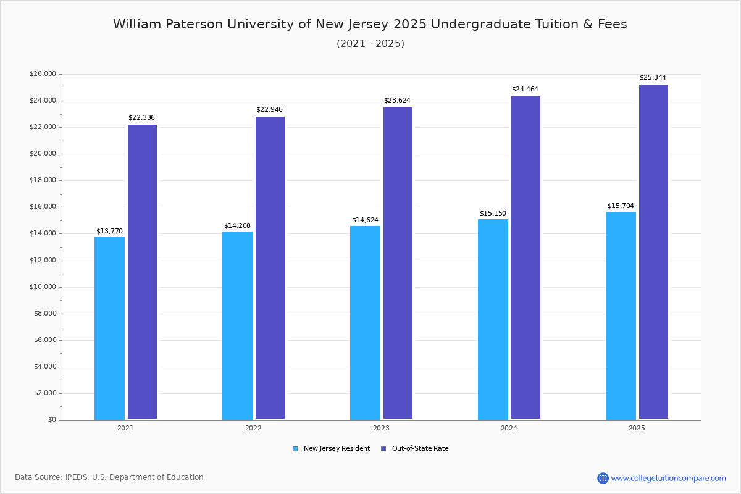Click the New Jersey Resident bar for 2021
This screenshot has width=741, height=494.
[109, 328]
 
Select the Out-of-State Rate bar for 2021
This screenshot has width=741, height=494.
[142, 272]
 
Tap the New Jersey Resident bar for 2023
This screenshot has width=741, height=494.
[365, 322]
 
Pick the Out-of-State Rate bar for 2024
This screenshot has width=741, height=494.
[525, 257]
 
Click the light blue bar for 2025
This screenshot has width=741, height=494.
[621, 316]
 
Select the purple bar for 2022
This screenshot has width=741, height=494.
[270, 267]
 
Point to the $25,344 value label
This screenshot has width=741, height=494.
[653, 78]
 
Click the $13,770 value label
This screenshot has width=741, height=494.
[109, 232]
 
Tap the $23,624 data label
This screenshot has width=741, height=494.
[397, 101]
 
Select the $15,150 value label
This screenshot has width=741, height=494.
[493, 214]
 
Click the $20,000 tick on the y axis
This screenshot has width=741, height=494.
[43, 154]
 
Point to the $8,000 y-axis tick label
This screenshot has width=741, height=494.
[44, 314]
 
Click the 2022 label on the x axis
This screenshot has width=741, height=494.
[253, 428]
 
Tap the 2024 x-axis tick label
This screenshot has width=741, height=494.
[509, 428]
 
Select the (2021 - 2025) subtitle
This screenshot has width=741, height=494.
[370, 44]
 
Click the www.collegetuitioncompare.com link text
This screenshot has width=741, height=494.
[668, 478]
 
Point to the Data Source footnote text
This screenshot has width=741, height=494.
[109, 477]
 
